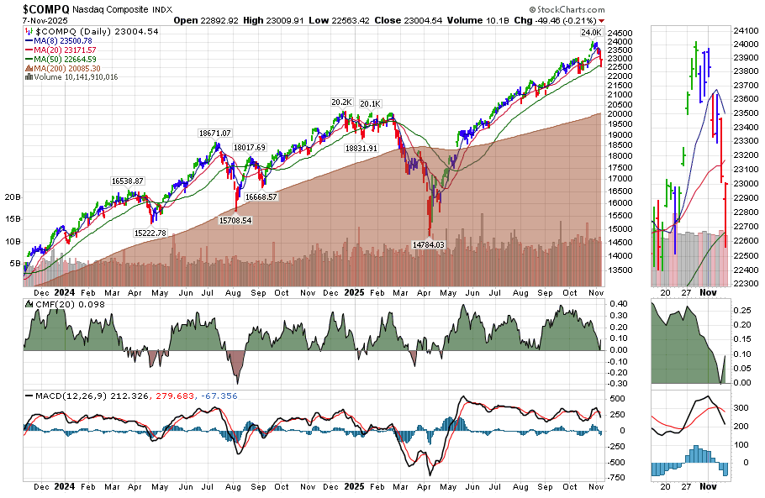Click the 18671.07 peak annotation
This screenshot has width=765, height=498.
click(214, 133)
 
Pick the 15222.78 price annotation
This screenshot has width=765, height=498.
click(150, 233)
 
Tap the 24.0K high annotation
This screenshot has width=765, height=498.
click(591, 33)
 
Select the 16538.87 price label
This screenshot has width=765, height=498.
click(128, 181)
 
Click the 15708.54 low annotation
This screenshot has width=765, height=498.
click(235, 220)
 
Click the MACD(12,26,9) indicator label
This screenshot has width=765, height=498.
click(73, 396)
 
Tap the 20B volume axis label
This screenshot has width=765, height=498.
click(13, 197)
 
